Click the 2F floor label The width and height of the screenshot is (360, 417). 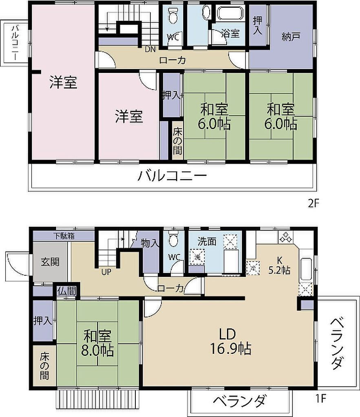coord(313,204)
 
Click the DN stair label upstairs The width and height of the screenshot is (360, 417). coord(150,49)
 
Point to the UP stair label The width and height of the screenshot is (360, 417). coord(106,272)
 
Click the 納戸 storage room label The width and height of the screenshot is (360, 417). coord(291,36)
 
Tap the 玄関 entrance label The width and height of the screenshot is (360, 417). coord(50,262)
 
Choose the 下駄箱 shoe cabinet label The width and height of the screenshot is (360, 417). coord(64,236)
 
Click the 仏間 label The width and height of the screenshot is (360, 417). coord(67,291)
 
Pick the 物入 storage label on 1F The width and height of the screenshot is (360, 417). coord(150,243)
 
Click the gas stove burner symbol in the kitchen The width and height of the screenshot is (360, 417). coord(286,237)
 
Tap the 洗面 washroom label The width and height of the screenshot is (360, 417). coord(207,241)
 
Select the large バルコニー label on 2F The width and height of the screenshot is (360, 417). coord(172,176)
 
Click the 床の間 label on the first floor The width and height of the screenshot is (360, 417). coord(44,366)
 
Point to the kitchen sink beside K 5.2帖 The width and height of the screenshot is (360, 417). coord(306,269)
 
